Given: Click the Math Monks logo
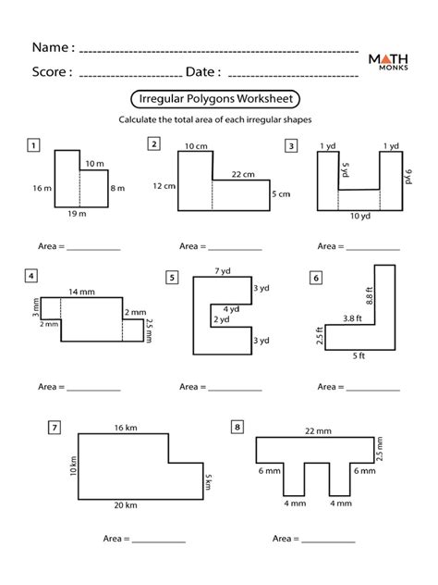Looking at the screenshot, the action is point(388,62).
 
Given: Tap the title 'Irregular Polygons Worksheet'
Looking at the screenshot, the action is point(215,99).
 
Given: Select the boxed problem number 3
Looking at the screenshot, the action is point(291,146).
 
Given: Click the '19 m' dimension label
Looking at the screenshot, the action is point(77,214).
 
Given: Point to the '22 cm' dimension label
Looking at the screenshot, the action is point(243,174).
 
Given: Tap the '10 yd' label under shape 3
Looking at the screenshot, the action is point(360,216).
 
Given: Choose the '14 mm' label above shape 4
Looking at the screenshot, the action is point(81,292).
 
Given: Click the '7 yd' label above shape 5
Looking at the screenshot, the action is point(223,271).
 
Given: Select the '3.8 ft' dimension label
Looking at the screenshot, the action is point(352,318).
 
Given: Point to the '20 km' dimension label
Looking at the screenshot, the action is point(126,505).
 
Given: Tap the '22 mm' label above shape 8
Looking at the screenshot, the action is point(318,431).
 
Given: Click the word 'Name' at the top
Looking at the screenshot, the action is point(50,47).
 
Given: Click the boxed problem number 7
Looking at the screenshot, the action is point(55,428).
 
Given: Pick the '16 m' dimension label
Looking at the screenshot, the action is point(43,189).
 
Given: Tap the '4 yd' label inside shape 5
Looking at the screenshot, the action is point(231,309).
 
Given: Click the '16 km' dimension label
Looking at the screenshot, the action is point(126,428).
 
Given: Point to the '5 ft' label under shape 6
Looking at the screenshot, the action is point(359,356).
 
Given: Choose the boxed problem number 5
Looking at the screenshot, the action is point(172,278).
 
